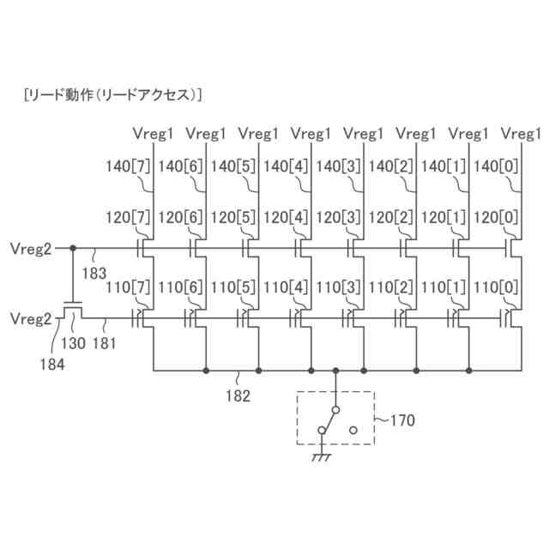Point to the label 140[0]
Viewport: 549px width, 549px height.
click(x=496, y=166)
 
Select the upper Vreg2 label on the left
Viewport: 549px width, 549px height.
click(x=30, y=249)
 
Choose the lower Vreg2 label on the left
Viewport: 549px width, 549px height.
click(x=30, y=318)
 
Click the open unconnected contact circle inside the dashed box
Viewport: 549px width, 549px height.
click(x=353, y=428)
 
